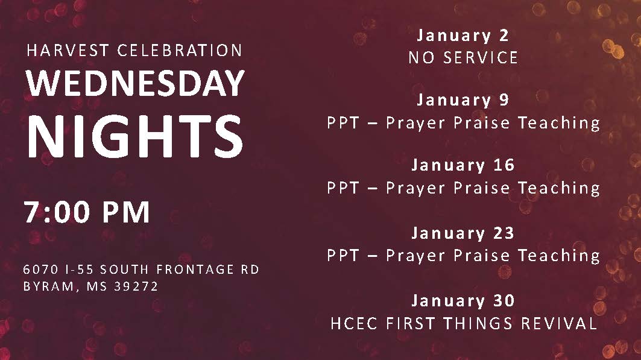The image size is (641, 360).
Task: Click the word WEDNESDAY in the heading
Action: click(x=135, y=83)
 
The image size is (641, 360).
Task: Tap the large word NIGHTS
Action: click(x=135, y=136)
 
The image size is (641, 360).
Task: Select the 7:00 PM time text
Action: click(x=87, y=212)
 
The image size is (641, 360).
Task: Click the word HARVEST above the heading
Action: click(x=68, y=51)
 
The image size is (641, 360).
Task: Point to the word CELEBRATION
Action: click(x=180, y=51)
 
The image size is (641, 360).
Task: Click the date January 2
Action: click(x=463, y=36)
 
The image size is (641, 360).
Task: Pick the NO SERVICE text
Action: click(x=463, y=58)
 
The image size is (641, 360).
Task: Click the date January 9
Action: click(x=463, y=100)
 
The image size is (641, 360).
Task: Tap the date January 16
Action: click(x=463, y=165)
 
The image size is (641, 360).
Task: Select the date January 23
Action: click(x=463, y=233)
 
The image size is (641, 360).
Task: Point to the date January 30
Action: click(x=463, y=301)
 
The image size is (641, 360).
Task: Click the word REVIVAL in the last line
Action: click(x=559, y=324)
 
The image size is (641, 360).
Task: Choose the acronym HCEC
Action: click(x=354, y=324)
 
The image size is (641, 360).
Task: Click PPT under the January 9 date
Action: click(x=343, y=123)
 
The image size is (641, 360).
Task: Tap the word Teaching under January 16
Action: click(x=559, y=188)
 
